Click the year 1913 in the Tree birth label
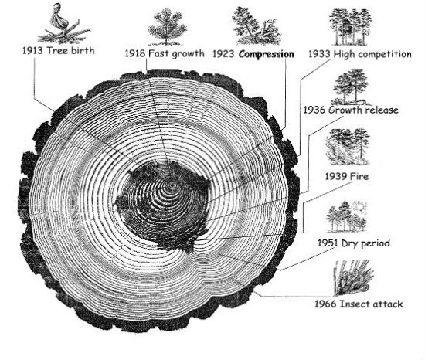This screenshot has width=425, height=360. (x=32, y=51)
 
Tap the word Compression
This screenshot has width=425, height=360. (x=267, y=54)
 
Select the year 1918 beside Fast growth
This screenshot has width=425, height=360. (x=135, y=53)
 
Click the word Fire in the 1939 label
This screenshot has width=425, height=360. (x=359, y=177)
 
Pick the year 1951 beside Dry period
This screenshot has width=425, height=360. (x=328, y=243)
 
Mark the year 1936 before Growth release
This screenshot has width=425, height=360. (x=314, y=110)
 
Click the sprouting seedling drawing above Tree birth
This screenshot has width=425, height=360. (x=64, y=24)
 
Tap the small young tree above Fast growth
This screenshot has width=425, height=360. (x=167, y=26)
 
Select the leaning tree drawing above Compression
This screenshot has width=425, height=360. (x=256, y=26)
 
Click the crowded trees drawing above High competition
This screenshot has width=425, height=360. (x=350, y=27)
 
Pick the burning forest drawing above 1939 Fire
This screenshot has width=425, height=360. (x=348, y=147)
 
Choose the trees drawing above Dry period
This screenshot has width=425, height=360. (x=347, y=217)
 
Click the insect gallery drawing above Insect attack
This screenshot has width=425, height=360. (x=353, y=278)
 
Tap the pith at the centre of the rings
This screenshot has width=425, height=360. (x=172, y=186)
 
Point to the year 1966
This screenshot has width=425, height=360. (x=325, y=304)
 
